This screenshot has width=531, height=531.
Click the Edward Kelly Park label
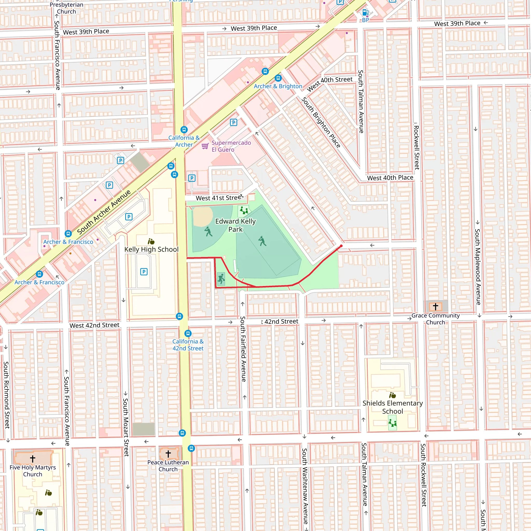click(x=235, y=225)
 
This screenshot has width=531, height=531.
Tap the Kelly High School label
click(x=151, y=249)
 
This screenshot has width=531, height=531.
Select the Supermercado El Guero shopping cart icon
click(x=205, y=146)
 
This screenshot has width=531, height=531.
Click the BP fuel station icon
click(x=365, y=12)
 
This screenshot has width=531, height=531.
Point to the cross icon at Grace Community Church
click(x=435, y=306)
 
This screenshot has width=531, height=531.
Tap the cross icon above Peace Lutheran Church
click(x=168, y=454)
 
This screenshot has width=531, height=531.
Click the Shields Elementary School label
click(x=393, y=407)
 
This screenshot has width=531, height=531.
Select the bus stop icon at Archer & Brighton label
click(x=278, y=78)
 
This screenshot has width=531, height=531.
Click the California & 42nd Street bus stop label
click(x=188, y=345)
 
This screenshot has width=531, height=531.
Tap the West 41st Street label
click(x=219, y=198)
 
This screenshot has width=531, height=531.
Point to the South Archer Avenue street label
click(x=104, y=212)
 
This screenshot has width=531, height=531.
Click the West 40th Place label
click(x=390, y=178)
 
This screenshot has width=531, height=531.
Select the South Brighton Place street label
click(x=321, y=123)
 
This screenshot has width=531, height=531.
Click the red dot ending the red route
click(x=341, y=246)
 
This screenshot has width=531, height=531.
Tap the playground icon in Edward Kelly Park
click(x=243, y=211)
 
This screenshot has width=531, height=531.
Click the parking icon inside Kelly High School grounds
click(x=144, y=272)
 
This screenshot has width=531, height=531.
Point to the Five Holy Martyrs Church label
click(x=32, y=471)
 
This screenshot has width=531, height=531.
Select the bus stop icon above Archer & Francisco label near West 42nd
click(x=39, y=274)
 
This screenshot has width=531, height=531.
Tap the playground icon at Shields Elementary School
click(x=393, y=423)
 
